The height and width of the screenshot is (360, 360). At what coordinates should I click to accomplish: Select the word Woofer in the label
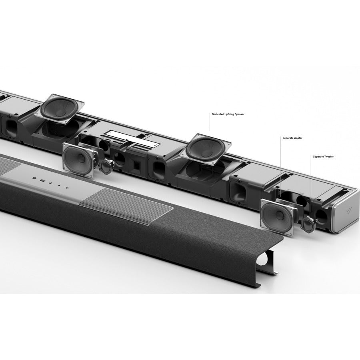point(298,138)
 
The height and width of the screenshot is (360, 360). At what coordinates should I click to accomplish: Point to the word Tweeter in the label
point(328,156)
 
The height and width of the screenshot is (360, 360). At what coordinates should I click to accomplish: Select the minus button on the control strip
point(59,185)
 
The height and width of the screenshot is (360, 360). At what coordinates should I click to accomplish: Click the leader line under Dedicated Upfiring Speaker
point(210,124)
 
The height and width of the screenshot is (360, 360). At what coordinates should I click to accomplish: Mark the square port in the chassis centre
point(136,164)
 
